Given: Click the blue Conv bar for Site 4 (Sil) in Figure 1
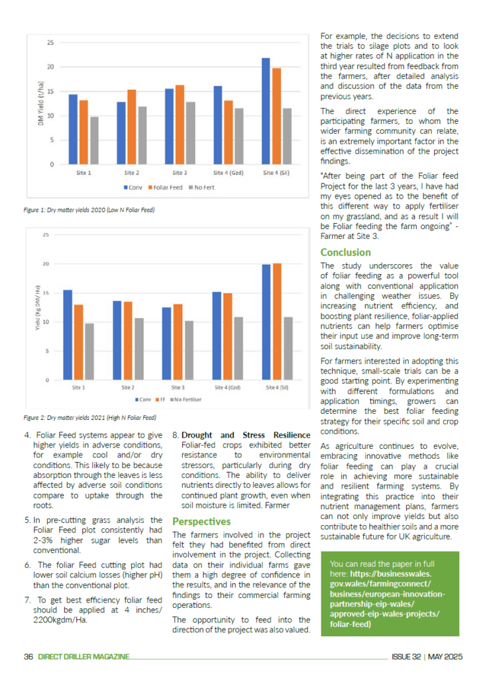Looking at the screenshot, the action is click(x=266, y=111).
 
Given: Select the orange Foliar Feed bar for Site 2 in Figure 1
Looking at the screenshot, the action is click(x=132, y=127).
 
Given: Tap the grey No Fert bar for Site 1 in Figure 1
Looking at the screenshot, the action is click(x=94, y=140).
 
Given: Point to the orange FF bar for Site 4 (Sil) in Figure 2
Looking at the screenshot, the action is click(x=277, y=322).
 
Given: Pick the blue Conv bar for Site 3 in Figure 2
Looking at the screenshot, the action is click(x=166, y=344).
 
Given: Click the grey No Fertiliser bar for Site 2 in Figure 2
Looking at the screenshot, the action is click(x=139, y=349).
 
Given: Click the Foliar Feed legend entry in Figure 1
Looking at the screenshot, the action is click(x=165, y=187).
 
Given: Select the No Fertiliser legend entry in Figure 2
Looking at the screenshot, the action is click(x=186, y=399).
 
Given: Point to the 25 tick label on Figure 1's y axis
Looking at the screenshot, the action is click(x=50, y=43).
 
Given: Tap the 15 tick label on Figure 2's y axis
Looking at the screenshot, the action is click(x=46, y=293).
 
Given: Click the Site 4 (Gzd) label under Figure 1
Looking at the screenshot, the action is click(x=228, y=173).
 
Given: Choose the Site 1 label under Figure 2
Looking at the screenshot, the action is click(x=78, y=387).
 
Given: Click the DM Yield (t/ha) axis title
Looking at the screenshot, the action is click(x=40, y=103).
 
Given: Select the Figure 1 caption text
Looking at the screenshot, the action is click(x=89, y=210).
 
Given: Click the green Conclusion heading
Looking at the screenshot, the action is click(x=345, y=252).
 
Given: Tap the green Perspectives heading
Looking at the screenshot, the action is click(x=201, y=522).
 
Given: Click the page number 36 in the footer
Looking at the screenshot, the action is click(x=28, y=656).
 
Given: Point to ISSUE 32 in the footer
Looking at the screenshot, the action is click(x=406, y=656).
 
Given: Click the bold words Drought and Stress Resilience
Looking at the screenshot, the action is click(x=246, y=435).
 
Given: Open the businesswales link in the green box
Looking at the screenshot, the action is click(x=388, y=599).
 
